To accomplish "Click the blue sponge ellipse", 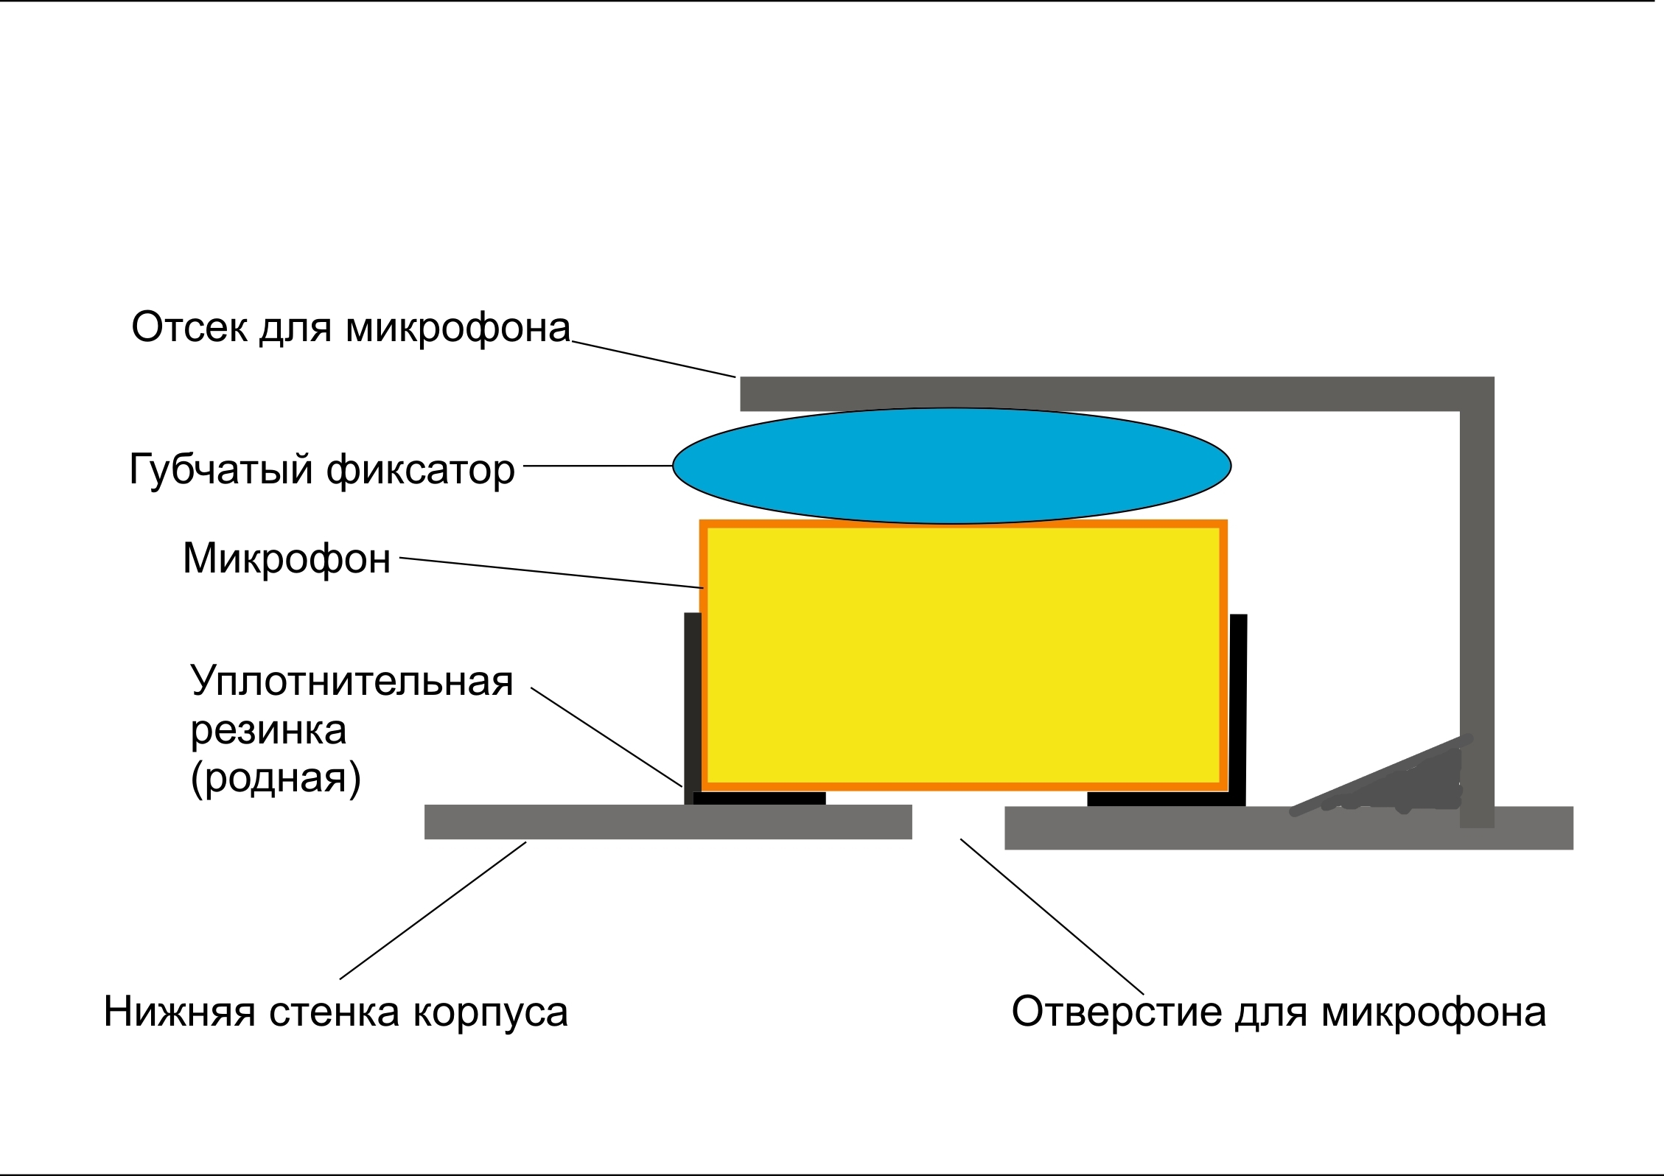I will pos(951,466).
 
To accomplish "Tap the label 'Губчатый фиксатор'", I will pos(321,469).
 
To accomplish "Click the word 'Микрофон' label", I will pos(286,559).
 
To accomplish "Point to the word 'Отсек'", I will pos(189,327).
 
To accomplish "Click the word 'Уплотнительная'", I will pos(352,681).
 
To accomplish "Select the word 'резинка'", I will pos(268,730).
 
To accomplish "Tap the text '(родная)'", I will pos(276,778).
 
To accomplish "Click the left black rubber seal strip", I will pos(692,707).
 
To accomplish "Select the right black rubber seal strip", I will pos(1238,707).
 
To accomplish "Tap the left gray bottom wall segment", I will pos(668,822).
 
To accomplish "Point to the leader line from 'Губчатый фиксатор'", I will pos(597,466).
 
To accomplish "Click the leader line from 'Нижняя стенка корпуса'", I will pos(433,911).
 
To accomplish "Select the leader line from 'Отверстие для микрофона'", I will pos(1052,916).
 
